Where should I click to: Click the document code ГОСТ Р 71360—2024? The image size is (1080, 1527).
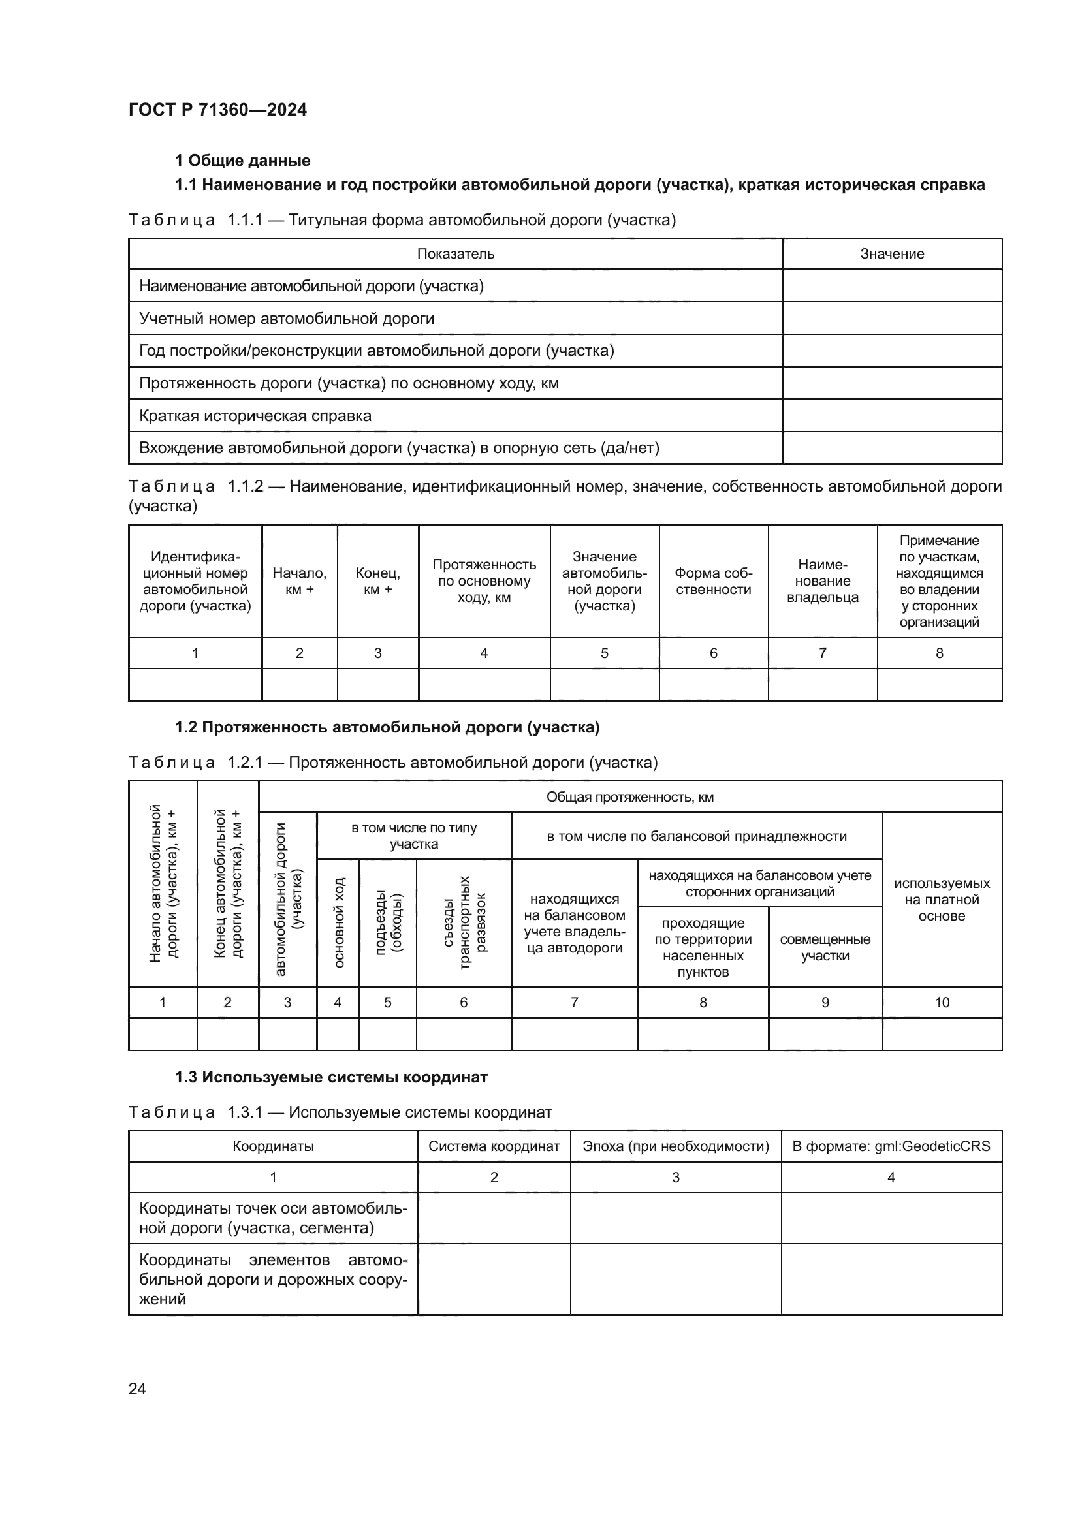tap(217, 110)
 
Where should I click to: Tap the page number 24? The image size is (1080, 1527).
tap(137, 1389)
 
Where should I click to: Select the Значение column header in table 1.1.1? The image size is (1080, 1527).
tap(892, 253)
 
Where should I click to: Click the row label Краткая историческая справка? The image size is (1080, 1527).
tap(255, 416)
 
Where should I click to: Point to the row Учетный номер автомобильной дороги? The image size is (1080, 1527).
tap(287, 319)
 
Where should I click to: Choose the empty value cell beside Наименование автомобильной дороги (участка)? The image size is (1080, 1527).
tap(892, 286)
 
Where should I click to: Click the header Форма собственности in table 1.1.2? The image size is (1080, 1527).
tap(713, 580)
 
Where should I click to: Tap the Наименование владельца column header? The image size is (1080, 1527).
tap(822, 580)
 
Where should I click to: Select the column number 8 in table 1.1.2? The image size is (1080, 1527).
tap(939, 653)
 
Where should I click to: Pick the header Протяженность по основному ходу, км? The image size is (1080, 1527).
tap(484, 580)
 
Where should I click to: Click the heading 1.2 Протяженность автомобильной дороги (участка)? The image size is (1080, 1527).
tap(387, 727)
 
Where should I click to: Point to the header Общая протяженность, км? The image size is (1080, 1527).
tap(629, 796)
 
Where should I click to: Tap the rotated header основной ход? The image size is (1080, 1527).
tap(338, 922)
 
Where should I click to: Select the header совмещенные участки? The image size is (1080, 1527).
tap(825, 947)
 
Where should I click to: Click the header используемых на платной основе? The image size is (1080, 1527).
tap(942, 899)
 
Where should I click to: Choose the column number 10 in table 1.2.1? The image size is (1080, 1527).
tap(942, 1002)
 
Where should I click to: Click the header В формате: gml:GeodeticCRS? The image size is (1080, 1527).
tap(891, 1146)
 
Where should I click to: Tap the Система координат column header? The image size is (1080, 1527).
tap(494, 1146)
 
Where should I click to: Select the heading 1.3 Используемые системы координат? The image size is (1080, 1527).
tap(331, 1077)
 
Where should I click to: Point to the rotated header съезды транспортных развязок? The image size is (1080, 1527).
tap(464, 922)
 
